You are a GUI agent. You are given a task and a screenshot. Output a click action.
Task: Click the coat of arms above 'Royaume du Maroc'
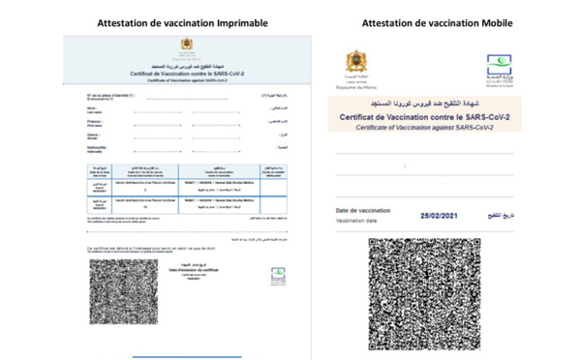point(359,65)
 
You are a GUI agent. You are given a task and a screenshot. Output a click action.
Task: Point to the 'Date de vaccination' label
point(363,210)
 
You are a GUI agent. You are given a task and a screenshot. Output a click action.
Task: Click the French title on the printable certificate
point(185,74)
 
